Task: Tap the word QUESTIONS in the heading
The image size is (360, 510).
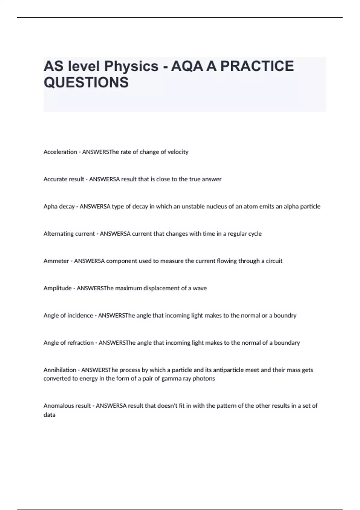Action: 86,82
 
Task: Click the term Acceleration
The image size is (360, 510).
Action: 60,152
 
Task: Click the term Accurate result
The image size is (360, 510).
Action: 64,179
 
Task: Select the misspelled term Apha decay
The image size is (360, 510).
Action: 59,207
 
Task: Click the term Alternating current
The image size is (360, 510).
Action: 69,234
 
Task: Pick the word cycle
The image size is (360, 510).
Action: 255,234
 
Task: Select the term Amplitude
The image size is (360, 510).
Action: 57,288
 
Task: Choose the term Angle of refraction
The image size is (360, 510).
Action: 68,343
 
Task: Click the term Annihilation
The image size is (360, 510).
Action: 60,370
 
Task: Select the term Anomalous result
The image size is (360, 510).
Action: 67,406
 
